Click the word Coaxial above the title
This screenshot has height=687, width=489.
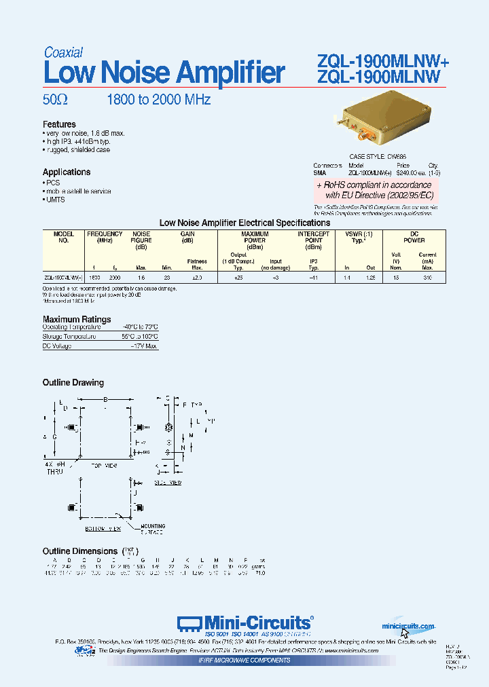[64, 52]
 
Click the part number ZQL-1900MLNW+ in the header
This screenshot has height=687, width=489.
[383, 62]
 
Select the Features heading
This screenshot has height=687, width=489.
[59, 124]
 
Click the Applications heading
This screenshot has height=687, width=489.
[67, 172]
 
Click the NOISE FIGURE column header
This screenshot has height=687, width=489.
[141, 237]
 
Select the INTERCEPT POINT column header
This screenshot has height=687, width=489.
[314, 237]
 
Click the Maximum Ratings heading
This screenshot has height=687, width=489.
[77, 319]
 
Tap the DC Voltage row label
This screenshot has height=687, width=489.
[57, 346]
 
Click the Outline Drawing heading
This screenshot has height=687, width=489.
[73, 383]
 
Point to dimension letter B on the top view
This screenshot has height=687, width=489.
[105, 400]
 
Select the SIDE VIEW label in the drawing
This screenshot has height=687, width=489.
[169, 482]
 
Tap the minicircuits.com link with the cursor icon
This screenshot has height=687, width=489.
[407, 625]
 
